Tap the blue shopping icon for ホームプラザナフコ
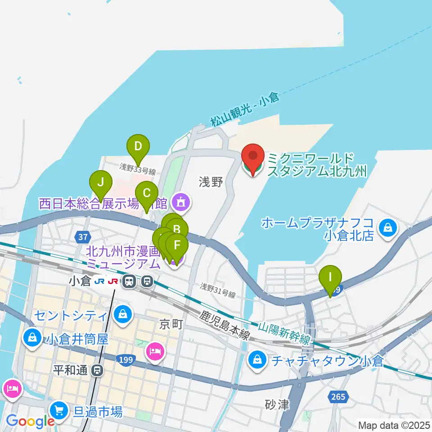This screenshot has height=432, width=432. click(x=387, y=228)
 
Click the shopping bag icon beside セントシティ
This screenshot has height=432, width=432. click(x=122, y=314)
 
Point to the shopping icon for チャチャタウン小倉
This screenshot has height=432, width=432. click(x=256, y=360)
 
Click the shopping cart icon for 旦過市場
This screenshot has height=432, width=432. click(x=58, y=410)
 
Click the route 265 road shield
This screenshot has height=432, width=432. click(x=337, y=396)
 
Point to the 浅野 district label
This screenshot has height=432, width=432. click(x=211, y=182)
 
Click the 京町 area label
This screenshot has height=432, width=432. click(x=171, y=324)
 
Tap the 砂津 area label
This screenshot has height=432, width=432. click(x=277, y=405)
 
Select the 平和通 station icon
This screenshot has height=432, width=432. click(x=96, y=371)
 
